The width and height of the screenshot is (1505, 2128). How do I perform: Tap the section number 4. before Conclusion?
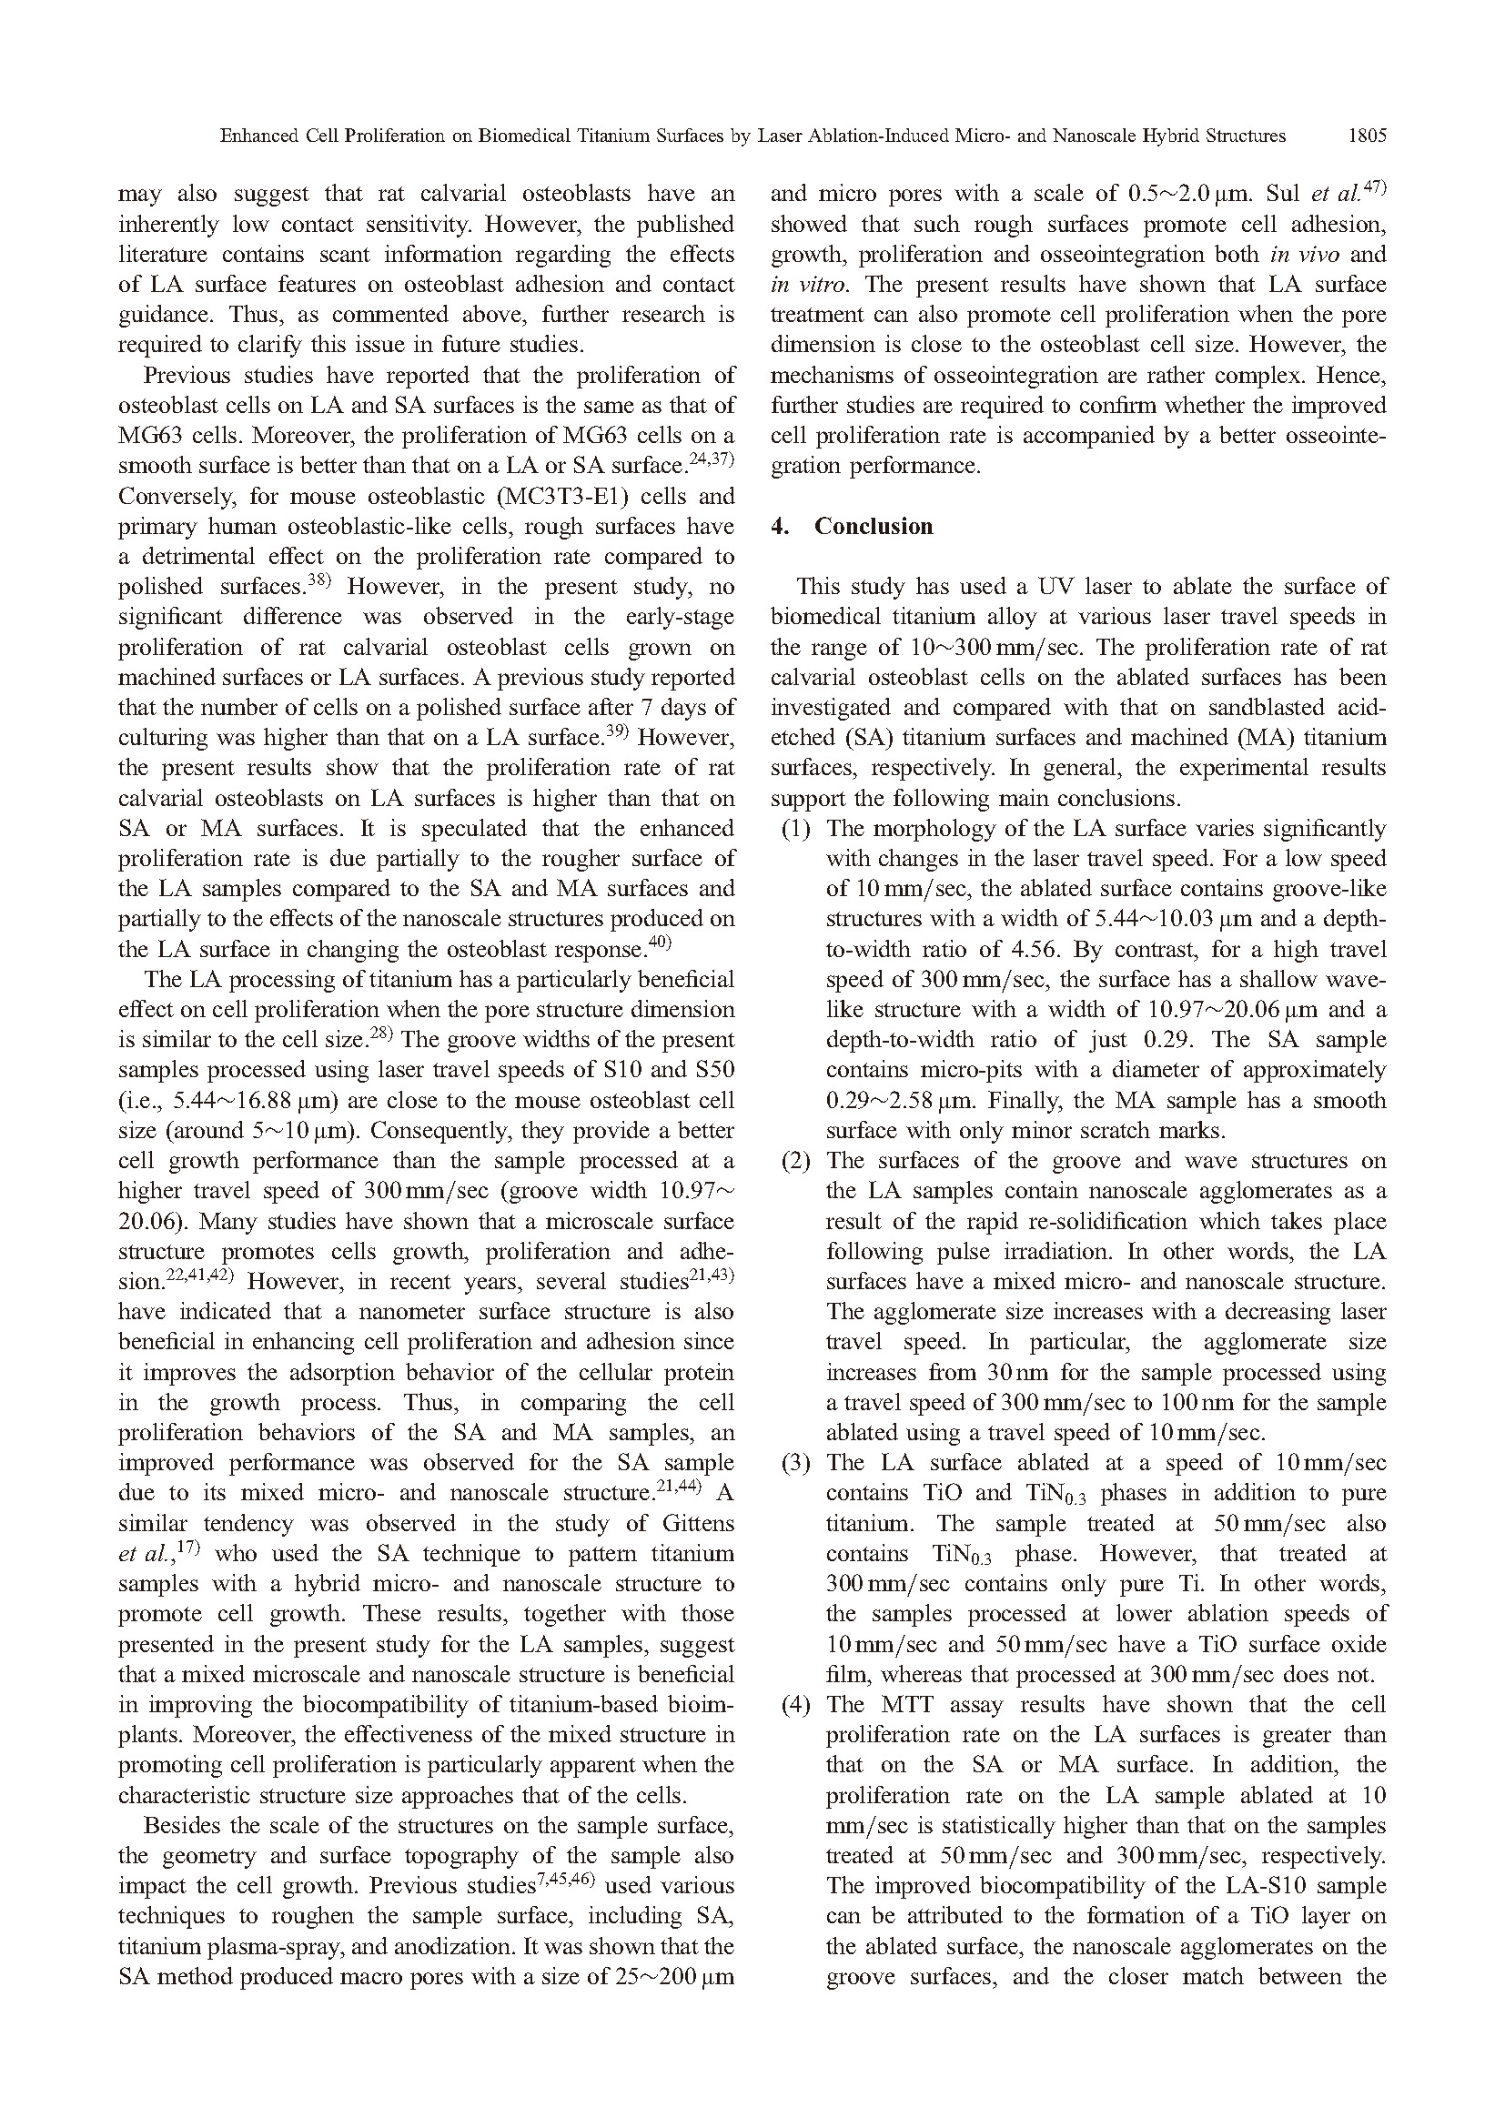point(780,527)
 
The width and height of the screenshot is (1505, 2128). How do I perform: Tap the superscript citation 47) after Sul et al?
point(1372,188)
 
